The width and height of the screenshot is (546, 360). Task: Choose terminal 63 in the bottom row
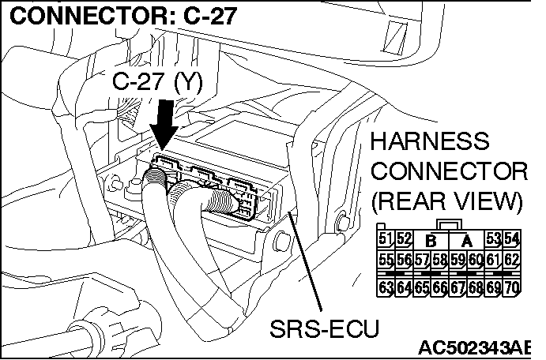(x=386, y=287)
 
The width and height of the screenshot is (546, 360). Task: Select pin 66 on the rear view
(x=441, y=287)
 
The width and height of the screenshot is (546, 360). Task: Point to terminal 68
(x=477, y=287)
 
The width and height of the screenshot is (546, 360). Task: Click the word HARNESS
(x=430, y=144)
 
